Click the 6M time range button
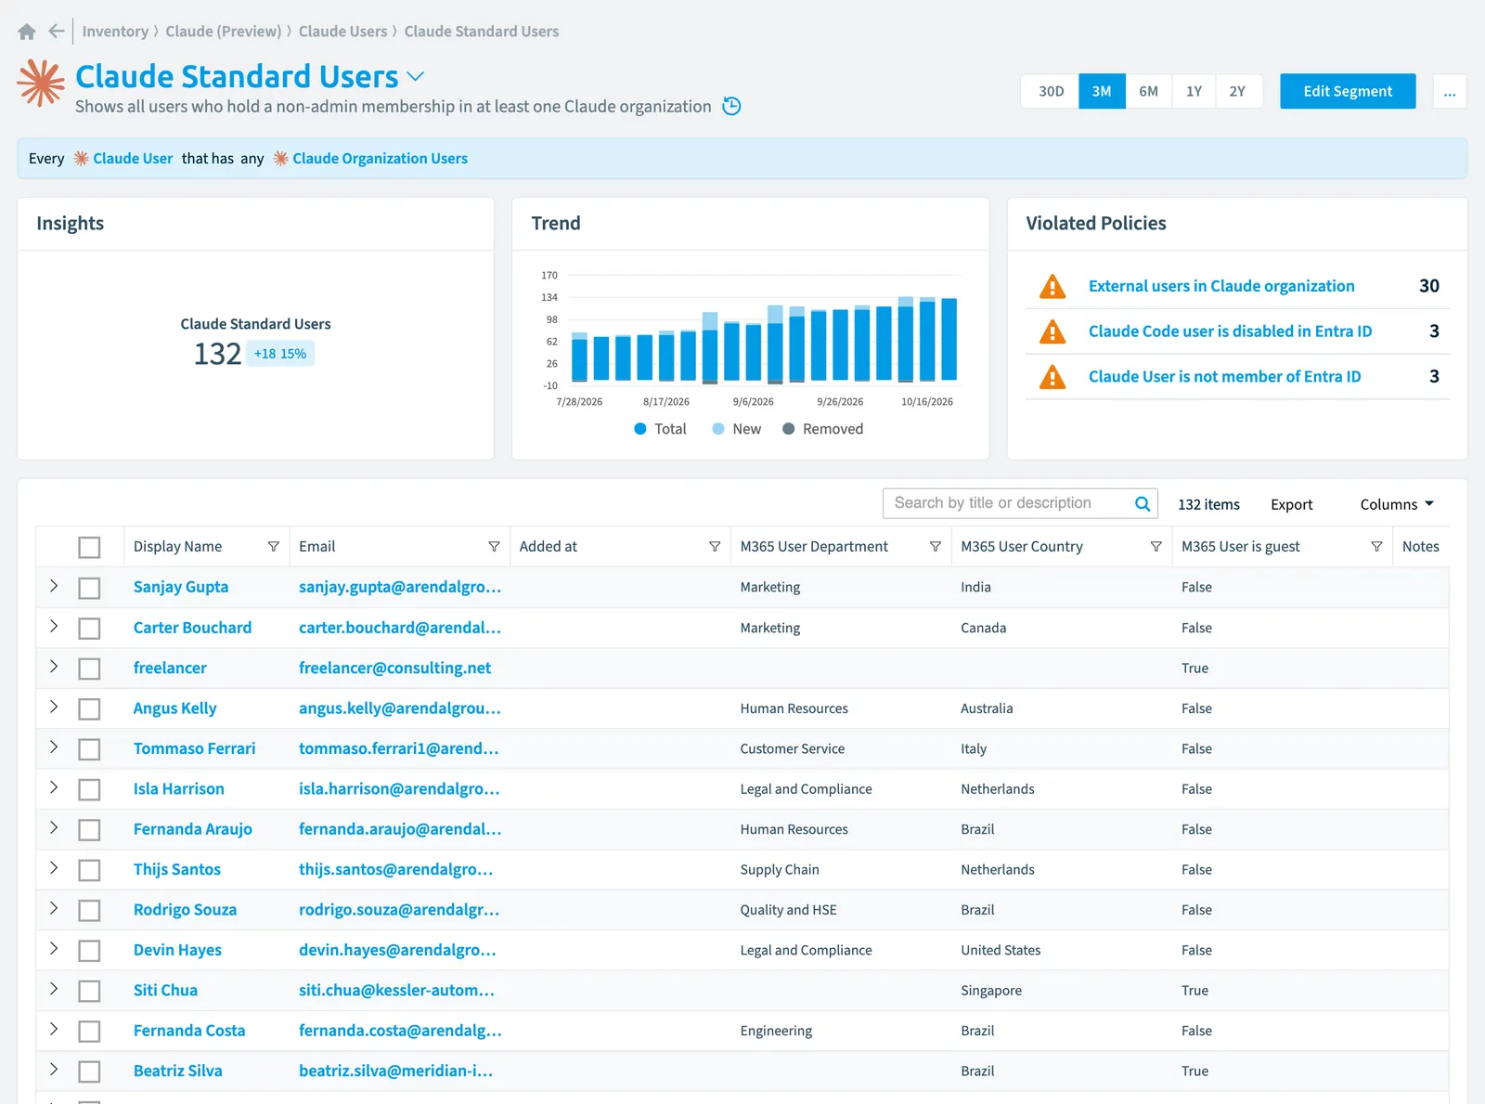(x=1148, y=91)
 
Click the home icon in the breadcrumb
(x=27, y=32)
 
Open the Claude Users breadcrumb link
(x=342, y=32)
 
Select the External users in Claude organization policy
(x=1221, y=286)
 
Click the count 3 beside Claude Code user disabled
(x=1434, y=331)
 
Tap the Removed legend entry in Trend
(x=823, y=429)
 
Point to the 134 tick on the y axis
(x=549, y=297)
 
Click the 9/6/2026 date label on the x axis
(x=754, y=402)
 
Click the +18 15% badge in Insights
(x=280, y=354)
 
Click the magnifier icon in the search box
(x=1143, y=504)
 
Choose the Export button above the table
(x=1292, y=504)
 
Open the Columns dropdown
(x=1397, y=504)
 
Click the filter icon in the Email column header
(x=494, y=547)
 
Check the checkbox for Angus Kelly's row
(x=89, y=708)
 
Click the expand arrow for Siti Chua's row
(x=54, y=989)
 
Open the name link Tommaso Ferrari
(x=194, y=748)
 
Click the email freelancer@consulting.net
(x=395, y=668)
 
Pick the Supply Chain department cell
(x=780, y=869)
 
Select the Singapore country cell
(x=991, y=990)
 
